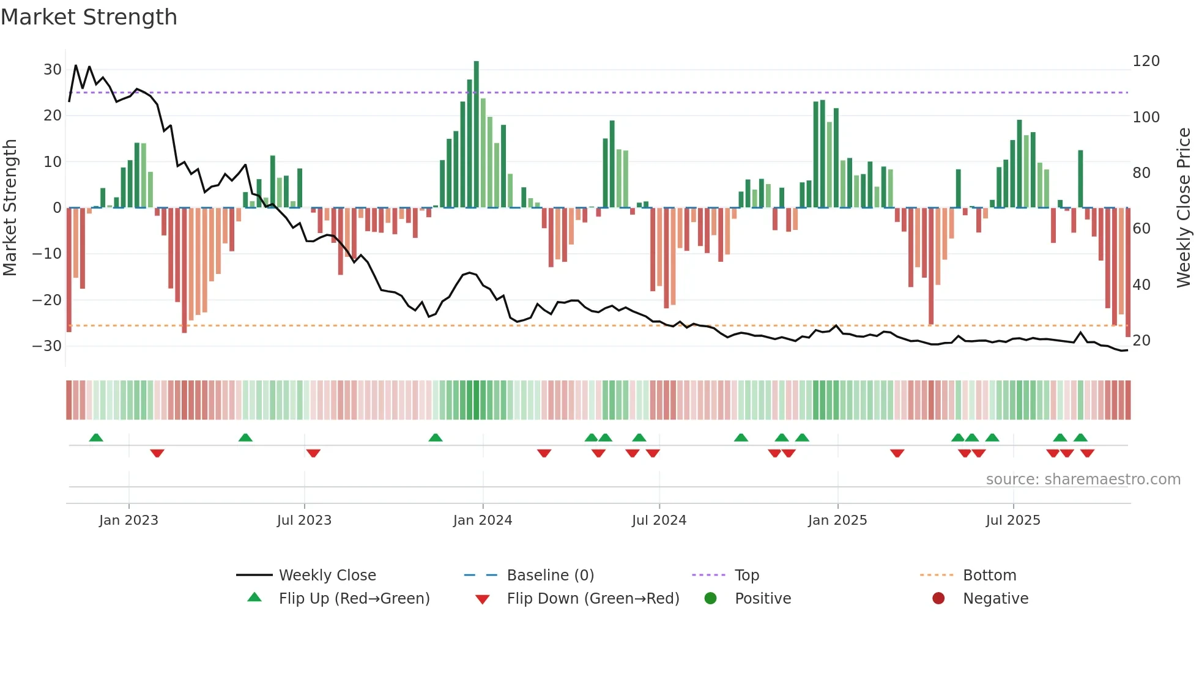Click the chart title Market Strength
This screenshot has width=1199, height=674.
(x=89, y=17)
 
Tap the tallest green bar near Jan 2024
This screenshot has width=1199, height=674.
(x=477, y=135)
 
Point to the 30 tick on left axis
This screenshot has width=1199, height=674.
(x=53, y=70)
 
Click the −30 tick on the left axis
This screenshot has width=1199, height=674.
(x=48, y=346)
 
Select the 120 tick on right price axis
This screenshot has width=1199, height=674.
(x=1146, y=61)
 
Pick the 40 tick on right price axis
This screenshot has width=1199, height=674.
(x=1141, y=285)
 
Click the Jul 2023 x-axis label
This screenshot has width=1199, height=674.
(x=304, y=520)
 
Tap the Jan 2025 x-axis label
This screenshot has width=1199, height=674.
(x=837, y=520)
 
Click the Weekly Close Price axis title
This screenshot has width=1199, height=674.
(x=1184, y=208)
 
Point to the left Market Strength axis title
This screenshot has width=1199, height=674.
(x=10, y=208)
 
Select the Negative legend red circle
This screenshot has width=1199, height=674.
(x=938, y=599)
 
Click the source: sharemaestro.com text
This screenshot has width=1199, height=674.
(x=1083, y=480)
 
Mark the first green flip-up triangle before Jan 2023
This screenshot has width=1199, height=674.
(x=96, y=438)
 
